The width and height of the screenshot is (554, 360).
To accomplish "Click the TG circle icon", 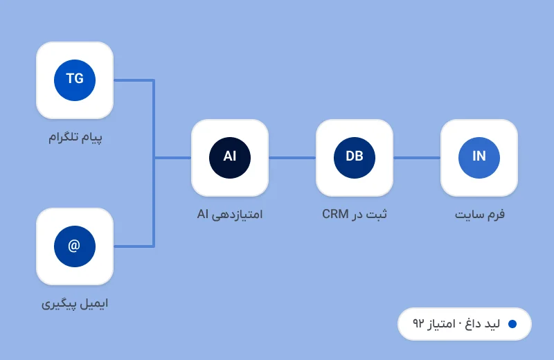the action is pyautogui.click(x=75, y=80).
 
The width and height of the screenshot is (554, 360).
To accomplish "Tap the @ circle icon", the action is pyautogui.click(x=75, y=246).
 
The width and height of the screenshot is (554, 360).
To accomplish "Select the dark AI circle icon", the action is pyautogui.click(x=230, y=158).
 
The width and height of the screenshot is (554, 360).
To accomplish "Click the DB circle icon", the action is pyautogui.click(x=355, y=158).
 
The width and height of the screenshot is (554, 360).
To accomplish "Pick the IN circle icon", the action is pyautogui.click(x=479, y=158).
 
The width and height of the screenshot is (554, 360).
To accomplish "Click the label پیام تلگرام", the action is pyautogui.click(x=75, y=138).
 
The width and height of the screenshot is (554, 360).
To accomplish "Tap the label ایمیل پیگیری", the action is pyautogui.click(x=75, y=304).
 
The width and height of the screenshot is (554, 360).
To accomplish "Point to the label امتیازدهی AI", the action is pyautogui.click(x=230, y=215).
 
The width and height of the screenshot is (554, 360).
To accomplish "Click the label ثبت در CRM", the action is pyautogui.click(x=355, y=214).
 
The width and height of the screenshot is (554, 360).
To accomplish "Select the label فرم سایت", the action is pyautogui.click(x=479, y=215).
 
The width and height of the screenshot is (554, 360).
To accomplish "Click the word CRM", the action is pyautogui.click(x=335, y=214).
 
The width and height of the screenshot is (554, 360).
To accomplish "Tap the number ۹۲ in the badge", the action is pyautogui.click(x=418, y=323).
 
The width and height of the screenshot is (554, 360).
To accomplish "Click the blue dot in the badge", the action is pyautogui.click(x=512, y=324).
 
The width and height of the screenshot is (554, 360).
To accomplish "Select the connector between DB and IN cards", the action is pyautogui.click(x=417, y=158).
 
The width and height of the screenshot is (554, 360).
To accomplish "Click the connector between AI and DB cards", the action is pyautogui.click(x=292, y=158).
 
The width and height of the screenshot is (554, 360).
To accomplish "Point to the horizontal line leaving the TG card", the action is pyautogui.click(x=134, y=80).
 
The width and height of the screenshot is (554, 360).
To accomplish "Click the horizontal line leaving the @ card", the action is pyautogui.click(x=134, y=246).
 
